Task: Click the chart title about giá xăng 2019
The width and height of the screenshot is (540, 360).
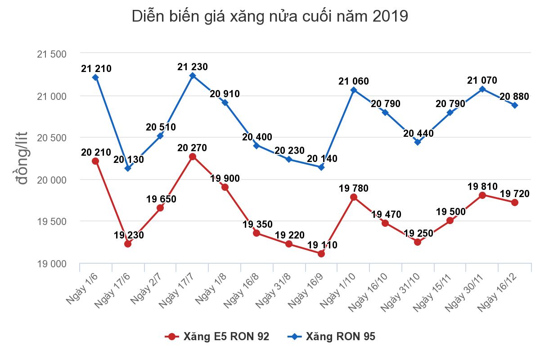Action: click(270, 17)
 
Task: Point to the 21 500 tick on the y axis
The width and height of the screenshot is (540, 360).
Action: click(51, 54)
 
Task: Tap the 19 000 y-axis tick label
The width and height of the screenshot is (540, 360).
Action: click(51, 264)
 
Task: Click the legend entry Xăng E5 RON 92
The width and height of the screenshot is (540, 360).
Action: click(218, 337)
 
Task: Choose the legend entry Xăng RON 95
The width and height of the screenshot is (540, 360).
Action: click(333, 337)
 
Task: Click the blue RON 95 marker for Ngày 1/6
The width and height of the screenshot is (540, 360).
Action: click(95, 77)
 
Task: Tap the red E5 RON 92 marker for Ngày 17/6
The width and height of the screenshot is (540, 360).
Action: click(128, 244)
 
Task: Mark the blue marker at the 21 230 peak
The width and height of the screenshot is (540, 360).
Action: click(193, 76)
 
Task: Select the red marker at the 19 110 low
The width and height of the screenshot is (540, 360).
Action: click(321, 254)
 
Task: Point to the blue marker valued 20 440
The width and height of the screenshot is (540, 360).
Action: click(418, 142)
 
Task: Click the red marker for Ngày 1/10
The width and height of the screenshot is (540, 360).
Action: click(354, 197)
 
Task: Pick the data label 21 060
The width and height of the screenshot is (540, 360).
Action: click(354, 81)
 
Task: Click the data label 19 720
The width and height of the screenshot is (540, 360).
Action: click(514, 193)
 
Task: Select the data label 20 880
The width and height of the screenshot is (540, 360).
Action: click(514, 96)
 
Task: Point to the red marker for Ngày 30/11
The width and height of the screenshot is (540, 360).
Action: click(482, 195)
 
